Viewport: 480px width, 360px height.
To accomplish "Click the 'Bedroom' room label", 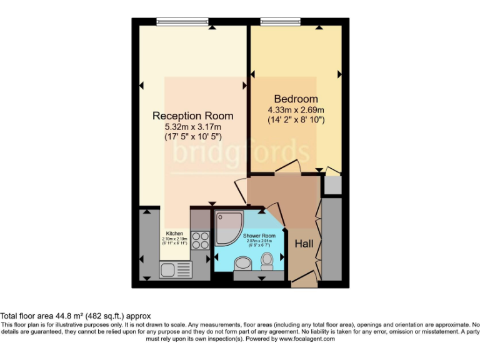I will pos(296,99).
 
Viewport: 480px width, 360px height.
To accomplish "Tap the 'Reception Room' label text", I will pos(193,116).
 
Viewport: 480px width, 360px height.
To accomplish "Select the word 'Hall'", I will pos(304,243).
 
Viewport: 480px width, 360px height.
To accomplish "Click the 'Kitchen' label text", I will pos(174,233).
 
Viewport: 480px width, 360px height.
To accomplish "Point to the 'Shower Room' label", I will pos(261,236).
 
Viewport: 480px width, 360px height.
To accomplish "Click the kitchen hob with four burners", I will pos(201,241).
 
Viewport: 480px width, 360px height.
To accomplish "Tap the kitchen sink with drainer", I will pos(176,269).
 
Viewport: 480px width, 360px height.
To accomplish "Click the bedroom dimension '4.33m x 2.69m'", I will pos(296,109).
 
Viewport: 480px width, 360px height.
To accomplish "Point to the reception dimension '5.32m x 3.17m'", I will pos(193,126).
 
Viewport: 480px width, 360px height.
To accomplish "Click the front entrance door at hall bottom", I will pos(304,279).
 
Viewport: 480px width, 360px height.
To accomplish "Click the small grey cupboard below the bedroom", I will pos(332,185).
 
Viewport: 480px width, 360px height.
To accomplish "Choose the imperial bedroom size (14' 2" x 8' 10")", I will pos(296,119).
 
